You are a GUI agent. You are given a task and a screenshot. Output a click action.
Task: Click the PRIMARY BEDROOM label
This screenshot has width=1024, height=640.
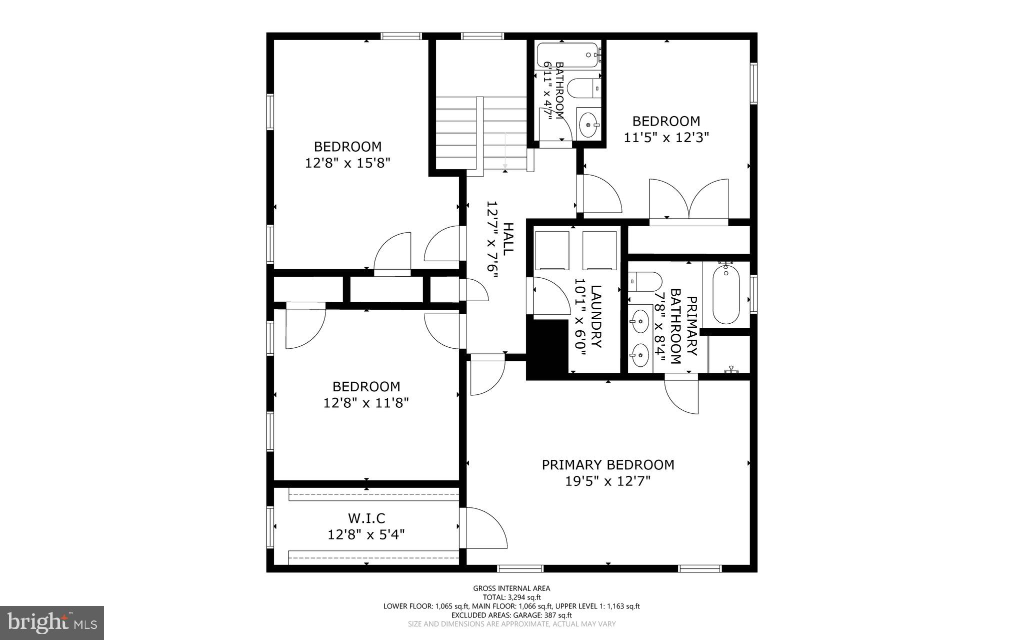pos(608,465)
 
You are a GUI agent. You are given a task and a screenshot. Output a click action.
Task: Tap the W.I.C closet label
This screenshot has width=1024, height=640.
pos(366,518)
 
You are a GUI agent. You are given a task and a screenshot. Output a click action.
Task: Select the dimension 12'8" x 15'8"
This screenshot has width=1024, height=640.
pos(347,163)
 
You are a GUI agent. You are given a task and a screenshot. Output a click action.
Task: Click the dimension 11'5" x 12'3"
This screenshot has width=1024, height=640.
pos(666,138)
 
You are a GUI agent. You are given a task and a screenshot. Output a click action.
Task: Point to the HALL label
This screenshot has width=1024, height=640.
pos(507,239)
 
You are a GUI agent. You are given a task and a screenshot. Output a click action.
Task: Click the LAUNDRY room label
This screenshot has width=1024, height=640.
pos(595,317)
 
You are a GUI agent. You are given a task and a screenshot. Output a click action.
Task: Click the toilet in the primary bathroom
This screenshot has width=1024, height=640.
pos(645,282)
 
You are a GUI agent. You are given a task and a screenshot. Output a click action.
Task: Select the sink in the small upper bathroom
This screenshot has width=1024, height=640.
pos(588,125)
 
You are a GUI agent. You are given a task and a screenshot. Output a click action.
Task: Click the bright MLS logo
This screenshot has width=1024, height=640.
pos(52,622)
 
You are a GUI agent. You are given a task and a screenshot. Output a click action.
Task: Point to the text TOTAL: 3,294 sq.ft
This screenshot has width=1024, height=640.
pos(511,597)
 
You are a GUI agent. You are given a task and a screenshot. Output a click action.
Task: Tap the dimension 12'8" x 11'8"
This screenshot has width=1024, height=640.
pos(366,403)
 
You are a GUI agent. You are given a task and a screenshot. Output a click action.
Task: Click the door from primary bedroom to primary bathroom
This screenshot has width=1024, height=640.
pos(682,397)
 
